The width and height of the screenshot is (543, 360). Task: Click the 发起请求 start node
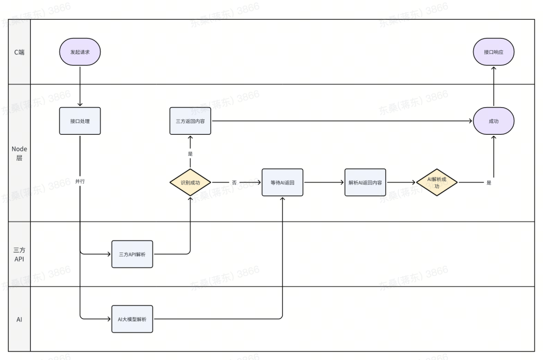80,52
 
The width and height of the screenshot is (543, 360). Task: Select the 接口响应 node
493,52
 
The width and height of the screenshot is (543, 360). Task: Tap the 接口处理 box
80,121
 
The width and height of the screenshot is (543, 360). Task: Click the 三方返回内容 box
190,121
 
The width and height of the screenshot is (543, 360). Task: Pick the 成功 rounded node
493,121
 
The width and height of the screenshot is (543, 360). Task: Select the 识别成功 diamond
190,183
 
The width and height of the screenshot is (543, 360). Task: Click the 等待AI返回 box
282,183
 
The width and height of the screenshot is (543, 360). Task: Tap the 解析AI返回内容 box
365,183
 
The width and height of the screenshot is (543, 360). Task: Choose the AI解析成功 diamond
436,183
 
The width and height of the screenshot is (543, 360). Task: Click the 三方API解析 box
132,254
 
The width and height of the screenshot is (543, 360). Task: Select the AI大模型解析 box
132,319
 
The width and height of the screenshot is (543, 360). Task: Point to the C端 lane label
19,52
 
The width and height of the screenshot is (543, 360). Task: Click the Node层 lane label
19,153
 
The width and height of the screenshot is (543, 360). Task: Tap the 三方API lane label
19,254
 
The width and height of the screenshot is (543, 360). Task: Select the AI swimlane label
19,319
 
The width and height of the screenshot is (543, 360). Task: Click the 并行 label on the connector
80,181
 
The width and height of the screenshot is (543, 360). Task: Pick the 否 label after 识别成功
234,183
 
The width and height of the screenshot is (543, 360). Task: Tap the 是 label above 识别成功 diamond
190,154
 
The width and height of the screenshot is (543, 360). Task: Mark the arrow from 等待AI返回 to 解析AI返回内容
324,183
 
